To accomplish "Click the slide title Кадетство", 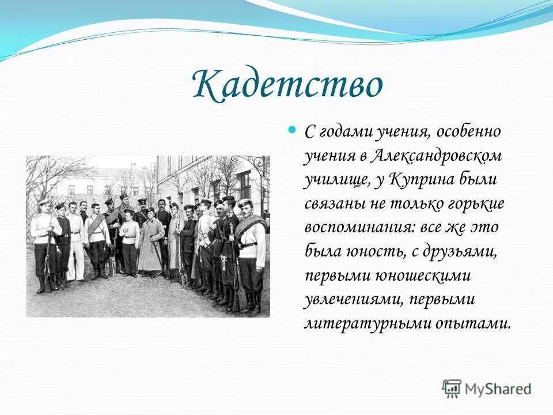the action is (287, 85).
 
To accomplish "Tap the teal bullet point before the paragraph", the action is (291, 130).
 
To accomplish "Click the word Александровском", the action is (436, 156).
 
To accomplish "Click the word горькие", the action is (476, 204).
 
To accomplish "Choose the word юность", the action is (377, 252).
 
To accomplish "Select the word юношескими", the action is (423, 276).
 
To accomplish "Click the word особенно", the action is (469, 131).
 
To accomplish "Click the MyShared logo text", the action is (498, 389).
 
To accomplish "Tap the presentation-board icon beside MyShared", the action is (452, 389).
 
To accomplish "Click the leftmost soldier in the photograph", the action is (44, 246).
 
